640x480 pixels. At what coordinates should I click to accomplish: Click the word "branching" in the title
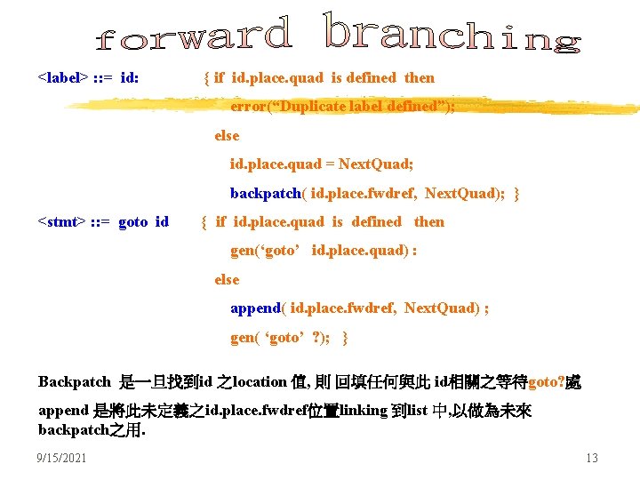point(452,33)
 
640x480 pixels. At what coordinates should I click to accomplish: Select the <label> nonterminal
point(62,77)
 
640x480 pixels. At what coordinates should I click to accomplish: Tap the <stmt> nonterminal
point(61,221)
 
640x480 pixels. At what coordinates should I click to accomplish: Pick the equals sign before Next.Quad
point(330,164)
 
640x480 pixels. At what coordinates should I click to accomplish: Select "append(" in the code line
point(259,308)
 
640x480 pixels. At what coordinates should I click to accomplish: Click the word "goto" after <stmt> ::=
point(133,221)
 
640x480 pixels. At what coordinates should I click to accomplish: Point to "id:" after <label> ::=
point(129,77)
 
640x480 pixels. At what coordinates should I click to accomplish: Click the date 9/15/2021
point(62,458)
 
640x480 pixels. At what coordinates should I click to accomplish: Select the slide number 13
point(591,458)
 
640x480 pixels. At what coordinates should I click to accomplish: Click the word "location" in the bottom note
point(259,382)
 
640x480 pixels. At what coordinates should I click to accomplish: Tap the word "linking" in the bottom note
point(362,411)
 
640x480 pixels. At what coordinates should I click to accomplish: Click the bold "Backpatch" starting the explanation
point(75,382)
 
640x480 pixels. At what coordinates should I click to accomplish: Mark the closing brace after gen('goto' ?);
point(346,337)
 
